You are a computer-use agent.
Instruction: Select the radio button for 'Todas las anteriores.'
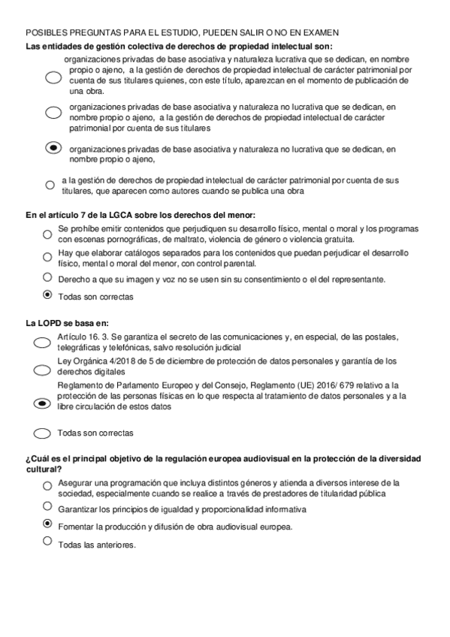click(47, 540)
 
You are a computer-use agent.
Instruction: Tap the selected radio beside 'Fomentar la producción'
click(47, 523)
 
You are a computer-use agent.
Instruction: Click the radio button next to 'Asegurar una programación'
click(47, 487)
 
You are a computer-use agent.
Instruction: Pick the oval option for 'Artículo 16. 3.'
click(43, 343)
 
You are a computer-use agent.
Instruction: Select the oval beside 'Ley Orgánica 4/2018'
click(43, 370)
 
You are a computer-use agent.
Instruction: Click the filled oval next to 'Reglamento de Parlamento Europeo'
click(43, 403)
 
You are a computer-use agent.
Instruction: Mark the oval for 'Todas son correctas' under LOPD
click(43, 433)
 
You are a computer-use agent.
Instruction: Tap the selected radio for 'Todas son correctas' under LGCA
click(47, 294)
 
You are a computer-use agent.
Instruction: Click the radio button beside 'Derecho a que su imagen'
click(47, 277)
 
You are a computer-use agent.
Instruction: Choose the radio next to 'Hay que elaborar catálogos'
click(47, 255)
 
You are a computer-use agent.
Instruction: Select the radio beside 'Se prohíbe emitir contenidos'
click(47, 233)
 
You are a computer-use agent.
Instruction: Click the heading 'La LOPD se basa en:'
click(56, 323)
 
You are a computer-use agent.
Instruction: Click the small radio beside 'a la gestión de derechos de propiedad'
click(50, 185)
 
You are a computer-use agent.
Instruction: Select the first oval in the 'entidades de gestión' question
click(53, 77)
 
